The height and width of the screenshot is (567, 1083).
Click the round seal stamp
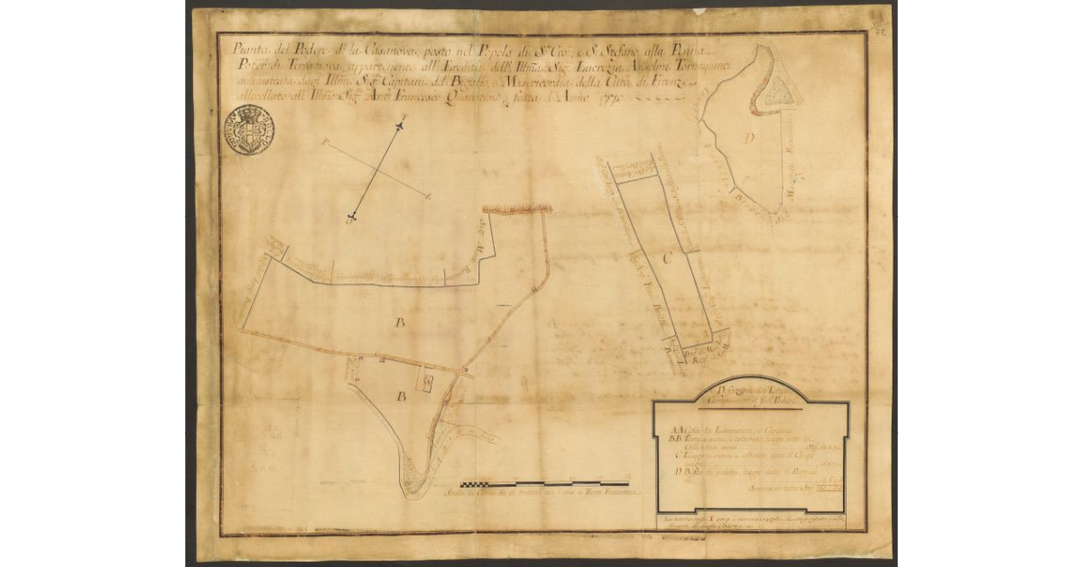pyautogui.click(x=248, y=130)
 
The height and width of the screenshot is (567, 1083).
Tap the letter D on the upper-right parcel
pyautogui.click(x=749, y=138)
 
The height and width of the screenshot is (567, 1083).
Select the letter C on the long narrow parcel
pyautogui.click(x=668, y=259)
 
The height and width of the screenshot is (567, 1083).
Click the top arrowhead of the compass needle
pyautogui.click(x=402, y=123)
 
